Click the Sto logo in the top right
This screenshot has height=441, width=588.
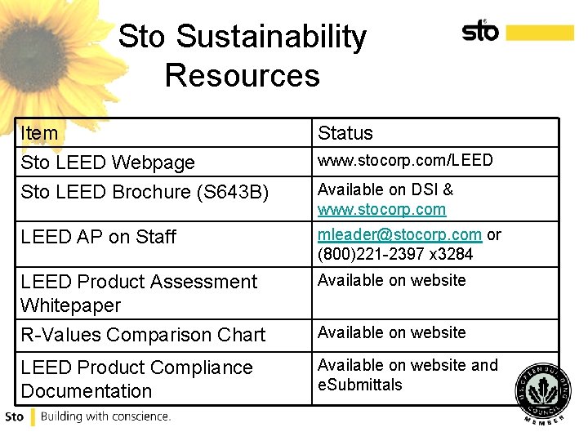[480, 31]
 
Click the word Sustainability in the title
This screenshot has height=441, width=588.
[271, 37]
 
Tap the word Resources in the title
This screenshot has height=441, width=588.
[242, 75]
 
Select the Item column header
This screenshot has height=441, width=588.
[40, 133]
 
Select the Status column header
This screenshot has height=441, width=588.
[345, 133]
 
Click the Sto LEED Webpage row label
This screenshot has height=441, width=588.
[108, 163]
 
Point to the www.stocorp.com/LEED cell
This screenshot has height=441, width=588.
[405, 160]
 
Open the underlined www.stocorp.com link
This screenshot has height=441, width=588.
[381, 210]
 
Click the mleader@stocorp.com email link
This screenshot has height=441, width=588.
[399, 234]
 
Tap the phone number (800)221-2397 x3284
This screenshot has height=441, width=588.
[395, 254]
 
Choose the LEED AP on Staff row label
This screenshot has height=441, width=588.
[99, 237]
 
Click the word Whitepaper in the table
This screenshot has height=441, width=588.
[71, 305]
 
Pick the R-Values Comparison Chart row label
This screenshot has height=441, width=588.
[143, 335]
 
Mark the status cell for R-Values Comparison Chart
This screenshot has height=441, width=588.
[391, 332]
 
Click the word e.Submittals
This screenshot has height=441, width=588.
[360, 385]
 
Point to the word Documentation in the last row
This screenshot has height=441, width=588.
[87, 391]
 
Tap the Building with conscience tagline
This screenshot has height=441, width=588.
[105, 416]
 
